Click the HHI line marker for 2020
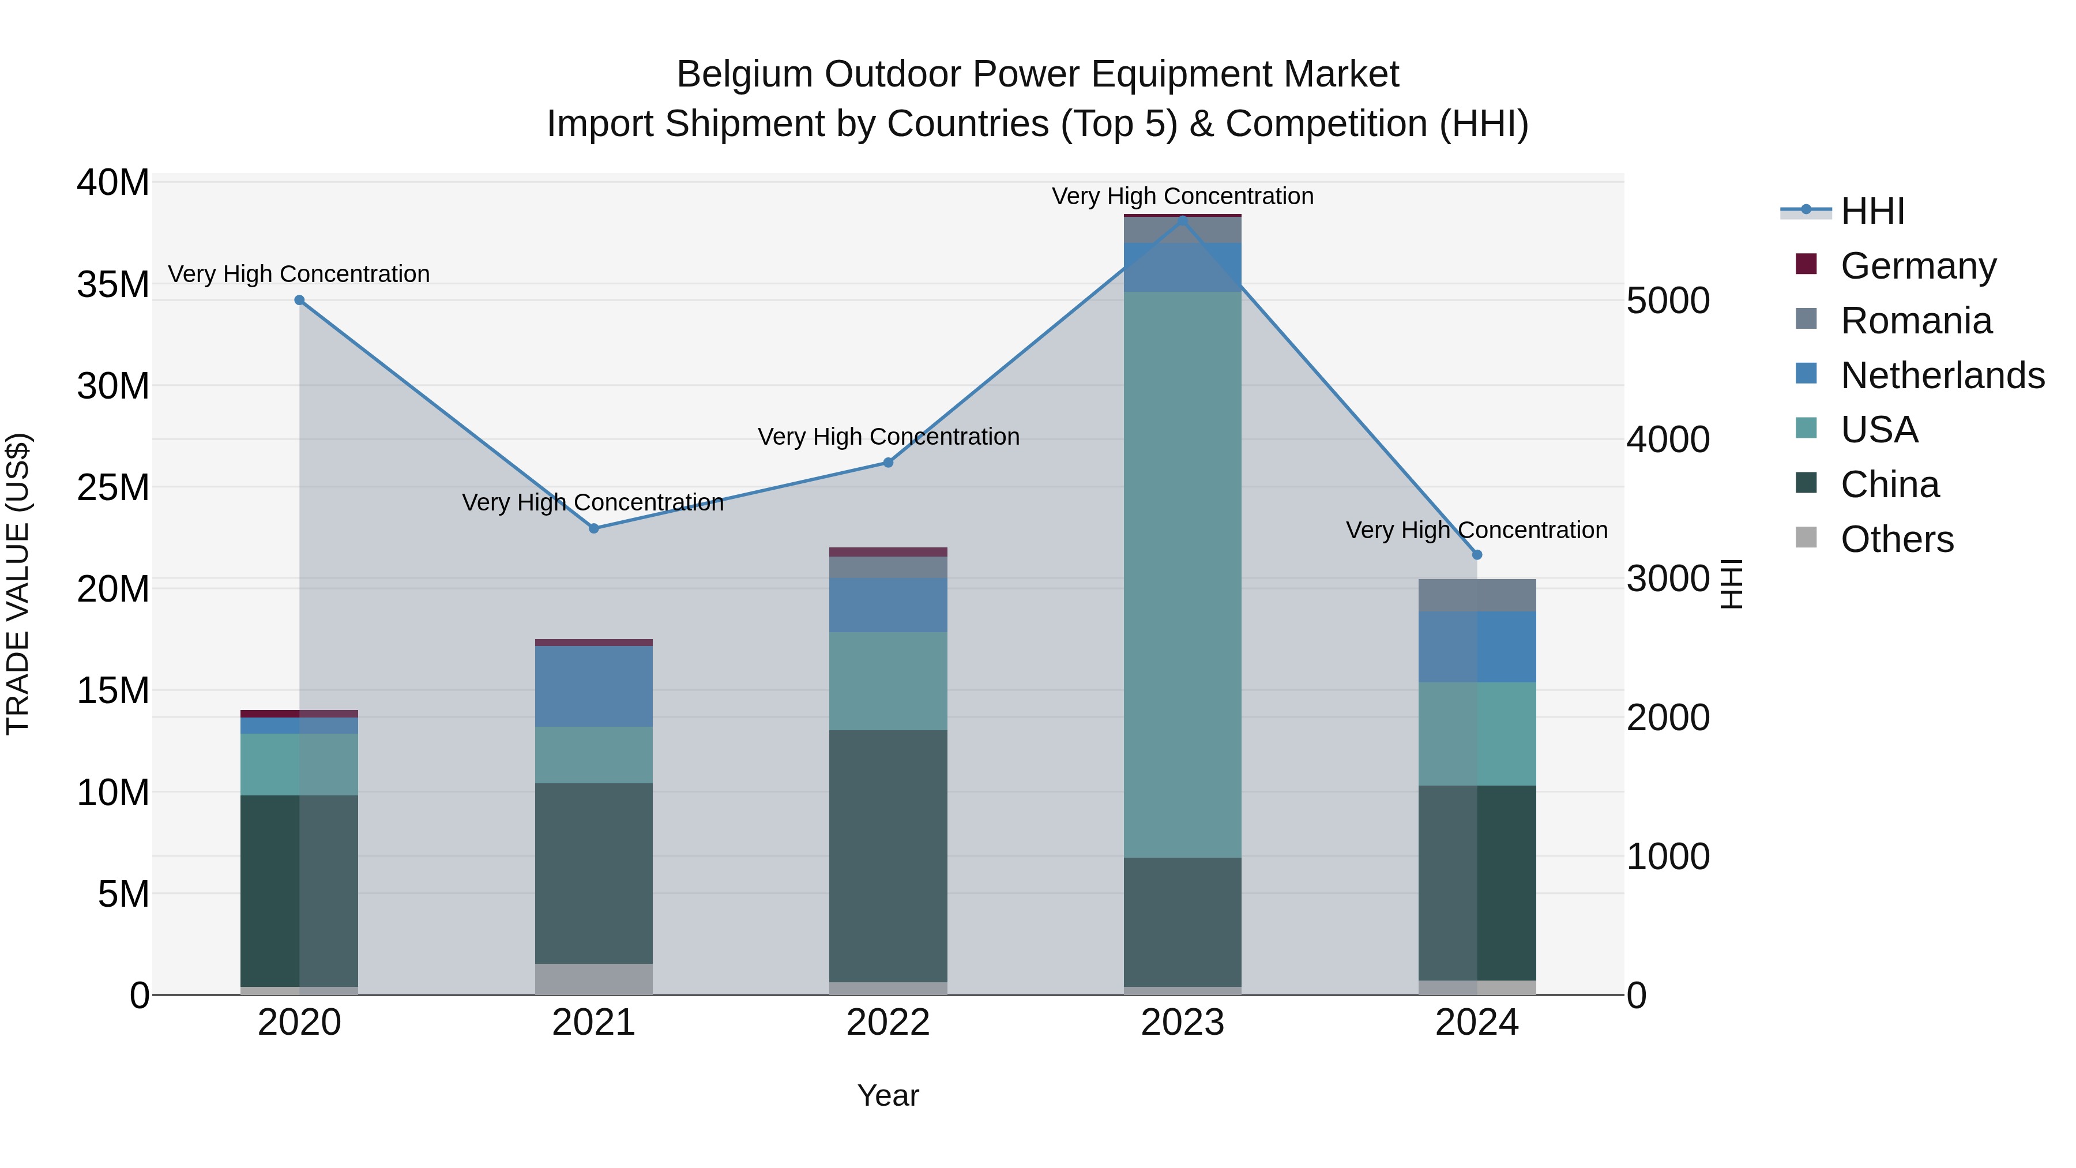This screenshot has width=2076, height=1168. pyautogui.click(x=299, y=300)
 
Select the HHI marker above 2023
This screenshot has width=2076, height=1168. pyautogui.click(x=1182, y=219)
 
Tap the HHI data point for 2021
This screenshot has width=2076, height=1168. pyautogui.click(x=594, y=528)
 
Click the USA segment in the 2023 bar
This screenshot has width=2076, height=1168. pyautogui.click(x=1182, y=574)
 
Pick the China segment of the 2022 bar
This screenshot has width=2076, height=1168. pyautogui.click(x=888, y=855)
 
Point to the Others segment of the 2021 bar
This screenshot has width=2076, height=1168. pyautogui.click(x=594, y=979)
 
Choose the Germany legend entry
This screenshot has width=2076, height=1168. pyautogui.click(x=1918, y=265)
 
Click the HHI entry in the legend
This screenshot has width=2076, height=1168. pyautogui.click(x=1872, y=211)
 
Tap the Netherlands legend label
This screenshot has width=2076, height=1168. pyautogui.click(x=1942, y=375)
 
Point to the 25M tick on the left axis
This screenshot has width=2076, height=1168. pyautogui.click(x=113, y=487)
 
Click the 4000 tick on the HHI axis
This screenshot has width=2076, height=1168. pyautogui.click(x=1667, y=440)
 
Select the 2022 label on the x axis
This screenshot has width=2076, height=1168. pyautogui.click(x=888, y=1023)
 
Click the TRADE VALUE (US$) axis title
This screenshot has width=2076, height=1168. pyautogui.click(x=18, y=584)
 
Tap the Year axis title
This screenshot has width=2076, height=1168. pyautogui.click(x=888, y=1095)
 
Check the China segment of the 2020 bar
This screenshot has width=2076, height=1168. pyautogui.click(x=299, y=890)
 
